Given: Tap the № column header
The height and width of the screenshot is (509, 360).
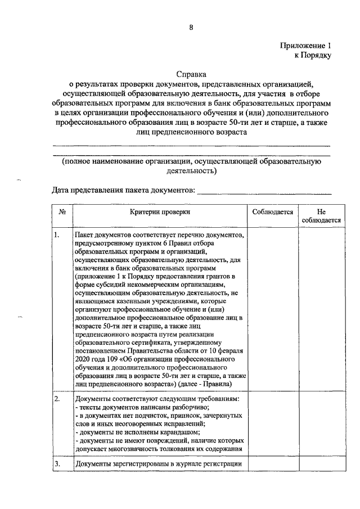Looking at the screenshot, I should coord(62,212).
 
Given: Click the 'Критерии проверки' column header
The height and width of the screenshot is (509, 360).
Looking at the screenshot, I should coord(160,212).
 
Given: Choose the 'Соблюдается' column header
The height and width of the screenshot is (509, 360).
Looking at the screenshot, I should coord(273,212).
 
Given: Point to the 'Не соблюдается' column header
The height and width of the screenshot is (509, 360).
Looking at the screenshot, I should coord(321,217).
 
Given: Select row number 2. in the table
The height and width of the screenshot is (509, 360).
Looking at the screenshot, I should coord(57,399).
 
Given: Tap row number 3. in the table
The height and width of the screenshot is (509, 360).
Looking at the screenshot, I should coord(57,463).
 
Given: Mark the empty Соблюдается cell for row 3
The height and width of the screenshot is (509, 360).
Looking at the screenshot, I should coord(273,464).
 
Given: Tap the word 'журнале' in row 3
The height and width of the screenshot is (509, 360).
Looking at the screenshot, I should coord(191,464).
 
